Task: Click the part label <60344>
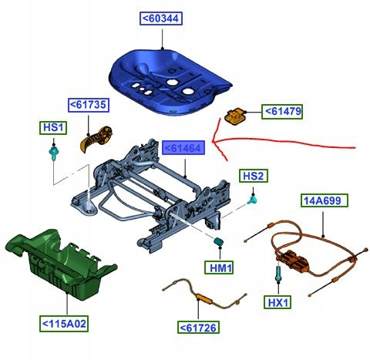click(x=161, y=19)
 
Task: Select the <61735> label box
click(x=89, y=105)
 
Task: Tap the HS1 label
click(x=53, y=128)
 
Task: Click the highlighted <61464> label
click(x=183, y=147)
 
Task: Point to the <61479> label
click(x=282, y=112)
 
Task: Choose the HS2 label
click(x=254, y=176)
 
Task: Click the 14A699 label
click(x=325, y=200)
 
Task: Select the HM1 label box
click(x=219, y=267)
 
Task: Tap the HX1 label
click(x=278, y=301)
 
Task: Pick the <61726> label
click(x=198, y=328)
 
